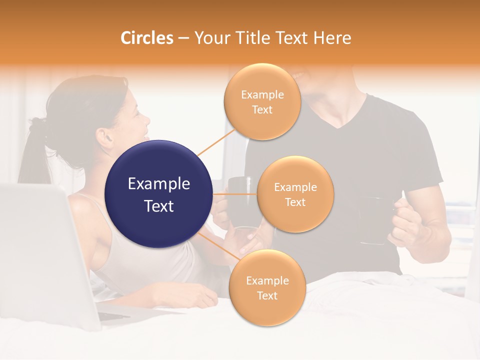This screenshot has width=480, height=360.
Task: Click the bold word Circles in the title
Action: click(x=146, y=38)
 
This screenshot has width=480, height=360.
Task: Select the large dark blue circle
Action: click(x=158, y=194)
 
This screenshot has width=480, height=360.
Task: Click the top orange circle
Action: click(x=262, y=101)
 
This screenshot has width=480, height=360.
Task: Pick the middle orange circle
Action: click(x=295, y=194)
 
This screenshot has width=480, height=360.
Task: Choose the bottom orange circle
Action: click(x=267, y=287)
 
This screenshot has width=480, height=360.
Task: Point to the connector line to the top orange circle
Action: click(x=215, y=142)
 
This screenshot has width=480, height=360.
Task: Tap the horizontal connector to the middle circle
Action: click(x=235, y=194)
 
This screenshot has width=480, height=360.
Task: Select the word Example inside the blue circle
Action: click(x=158, y=184)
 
